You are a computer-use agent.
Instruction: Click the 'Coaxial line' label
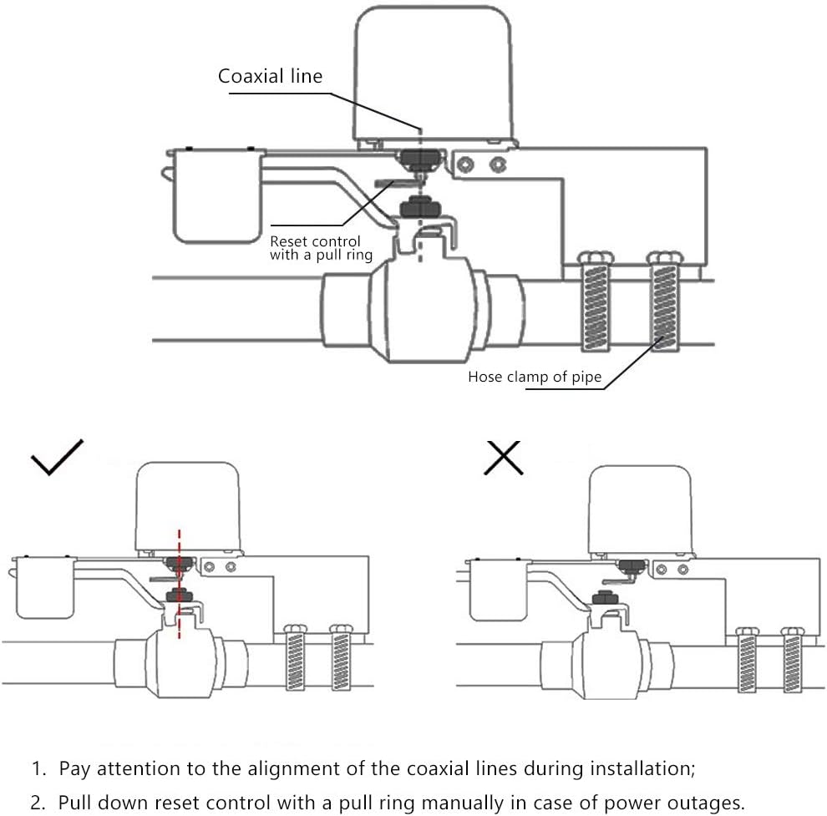[x=270, y=77]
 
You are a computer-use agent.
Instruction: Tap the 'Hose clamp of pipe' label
[x=534, y=377]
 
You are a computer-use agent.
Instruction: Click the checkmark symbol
[x=57, y=457]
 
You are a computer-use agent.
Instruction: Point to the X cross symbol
[x=504, y=457]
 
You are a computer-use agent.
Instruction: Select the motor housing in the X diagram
[x=641, y=509]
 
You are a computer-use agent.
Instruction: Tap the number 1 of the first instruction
[x=36, y=768]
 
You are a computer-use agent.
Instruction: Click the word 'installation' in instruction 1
[x=637, y=768]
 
